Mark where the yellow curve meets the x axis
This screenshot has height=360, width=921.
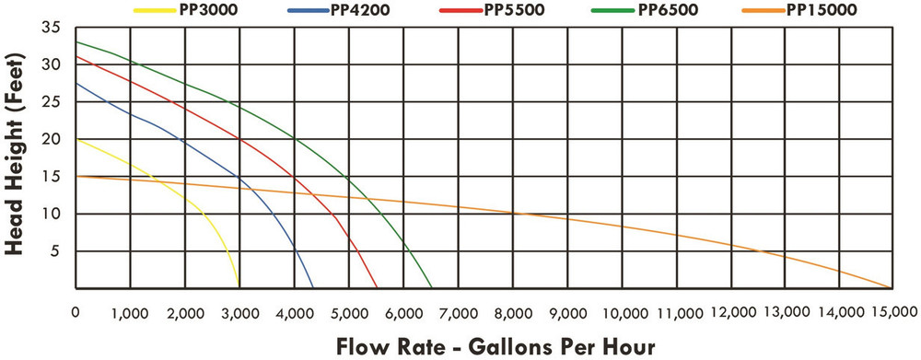click(239, 287)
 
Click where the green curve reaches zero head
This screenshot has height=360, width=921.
click(431, 287)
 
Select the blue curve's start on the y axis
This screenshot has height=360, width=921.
click(76, 84)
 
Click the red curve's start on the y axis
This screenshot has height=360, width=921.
click(76, 57)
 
